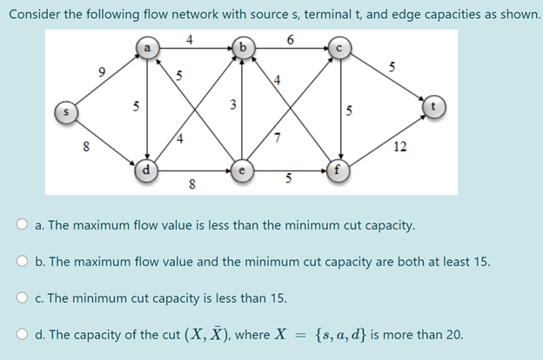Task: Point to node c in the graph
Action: click(x=339, y=50)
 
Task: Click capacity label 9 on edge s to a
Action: click(x=103, y=72)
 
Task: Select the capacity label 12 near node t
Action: click(x=399, y=147)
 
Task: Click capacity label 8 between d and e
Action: click(x=191, y=183)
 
